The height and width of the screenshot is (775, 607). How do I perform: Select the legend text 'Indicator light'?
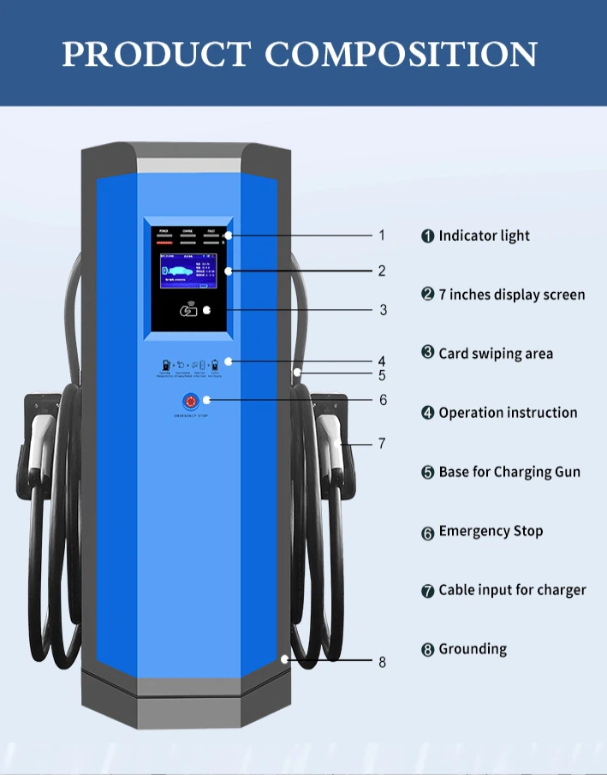tap(484, 235)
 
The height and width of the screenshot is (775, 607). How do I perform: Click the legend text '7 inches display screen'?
tap(511, 295)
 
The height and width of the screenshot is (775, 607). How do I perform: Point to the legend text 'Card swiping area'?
tap(496, 354)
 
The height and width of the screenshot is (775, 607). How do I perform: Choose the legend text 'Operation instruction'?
tap(508, 413)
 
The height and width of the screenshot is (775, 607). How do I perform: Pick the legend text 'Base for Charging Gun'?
tap(509, 472)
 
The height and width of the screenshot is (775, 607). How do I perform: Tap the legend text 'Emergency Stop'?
tap(491, 531)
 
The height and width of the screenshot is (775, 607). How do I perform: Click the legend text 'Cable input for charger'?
tap(512, 590)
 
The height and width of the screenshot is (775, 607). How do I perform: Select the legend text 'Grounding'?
tap(473, 649)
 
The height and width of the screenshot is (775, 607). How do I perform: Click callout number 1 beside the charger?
tap(382, 235)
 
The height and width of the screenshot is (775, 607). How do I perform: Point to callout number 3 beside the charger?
tap(383, 310)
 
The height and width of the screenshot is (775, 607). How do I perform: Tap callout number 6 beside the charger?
tap(383, 400)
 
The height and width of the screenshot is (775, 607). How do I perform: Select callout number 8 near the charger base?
tap(382, 662)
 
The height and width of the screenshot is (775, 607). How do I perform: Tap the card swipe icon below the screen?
tap(188, 310)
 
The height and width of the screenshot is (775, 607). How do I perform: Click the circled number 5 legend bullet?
tap(428, 473)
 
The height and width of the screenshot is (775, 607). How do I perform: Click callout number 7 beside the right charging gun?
tap(382, 444)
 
